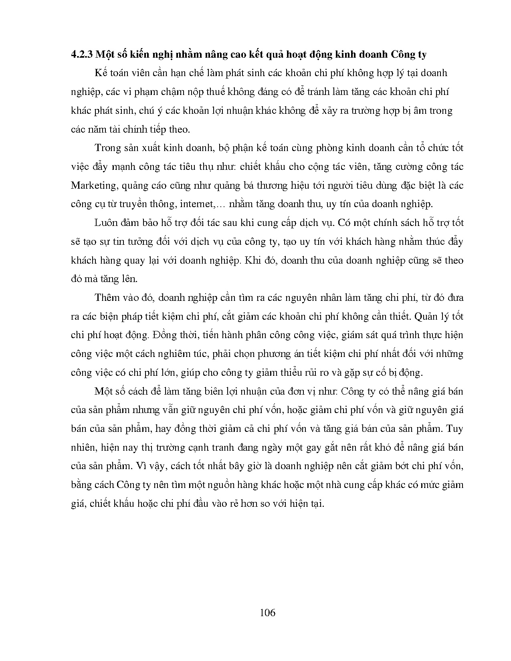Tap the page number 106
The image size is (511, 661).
click(267, 613)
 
